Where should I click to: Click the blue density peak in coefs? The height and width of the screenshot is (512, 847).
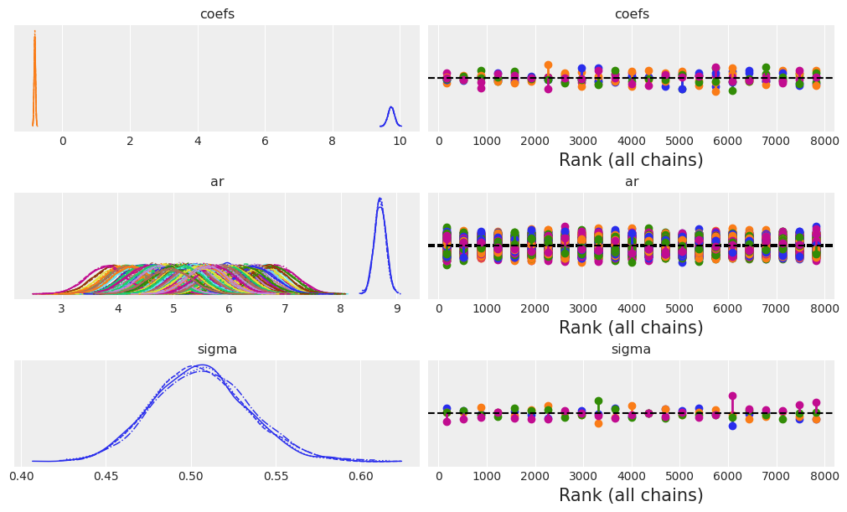coord(390,108)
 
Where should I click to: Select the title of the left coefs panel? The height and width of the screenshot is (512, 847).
coord(217,14)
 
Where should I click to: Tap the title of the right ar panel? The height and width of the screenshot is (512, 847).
coord(631,182)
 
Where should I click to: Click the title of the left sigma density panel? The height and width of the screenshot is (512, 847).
coord(217,349)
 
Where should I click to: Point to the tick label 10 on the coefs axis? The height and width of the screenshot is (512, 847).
coord(400,141)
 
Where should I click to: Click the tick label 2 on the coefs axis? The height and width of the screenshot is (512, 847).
coord(130,141)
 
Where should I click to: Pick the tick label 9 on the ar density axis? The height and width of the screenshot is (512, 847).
coord(396,308)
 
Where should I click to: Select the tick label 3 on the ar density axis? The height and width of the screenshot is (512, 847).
coord(61,308)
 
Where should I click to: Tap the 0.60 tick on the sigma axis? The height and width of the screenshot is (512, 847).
coord(361,476)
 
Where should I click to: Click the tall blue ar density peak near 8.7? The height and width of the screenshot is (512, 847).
coord(380,199)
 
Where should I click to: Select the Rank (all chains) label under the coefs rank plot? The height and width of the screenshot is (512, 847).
coord(631,160)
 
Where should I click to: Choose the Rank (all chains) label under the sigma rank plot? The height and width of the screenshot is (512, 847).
coord(631,495)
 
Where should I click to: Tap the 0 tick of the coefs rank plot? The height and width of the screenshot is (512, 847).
coord(439,141)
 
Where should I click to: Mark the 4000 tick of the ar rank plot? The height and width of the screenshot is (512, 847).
coord(632,308)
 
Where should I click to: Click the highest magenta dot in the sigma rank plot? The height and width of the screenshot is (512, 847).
coord(732,396)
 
